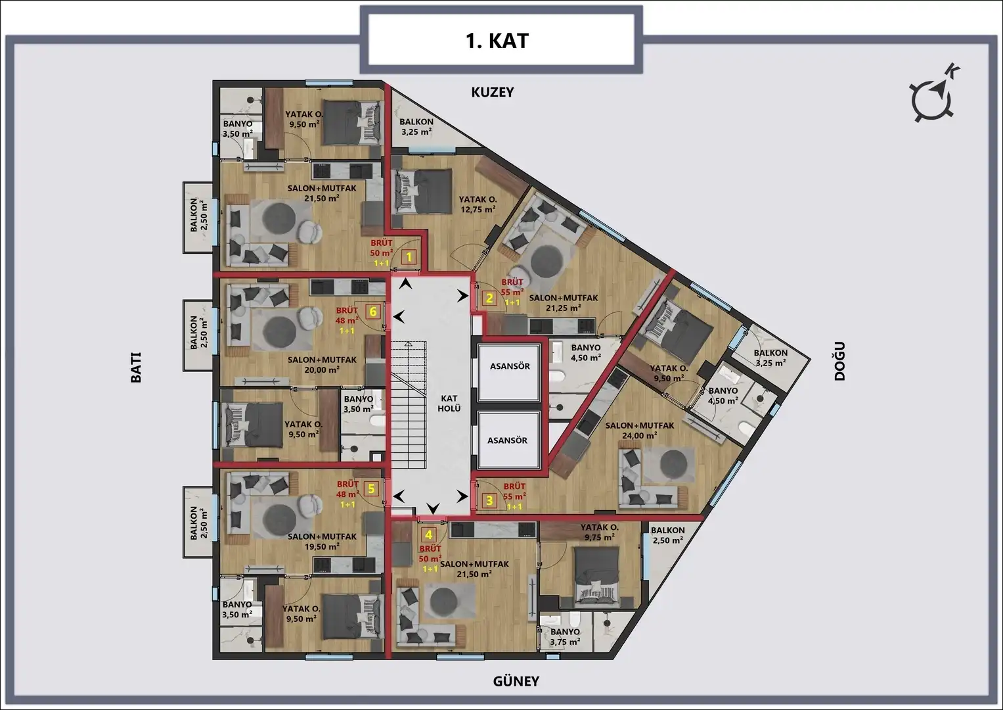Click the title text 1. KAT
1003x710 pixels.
[x=497, y=41]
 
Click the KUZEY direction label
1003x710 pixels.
[x=493, y=92]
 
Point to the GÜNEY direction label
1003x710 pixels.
[x=516, y=681]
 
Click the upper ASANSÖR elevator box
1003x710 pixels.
[x=509, y=367]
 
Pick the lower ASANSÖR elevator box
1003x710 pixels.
[x=507, y=440]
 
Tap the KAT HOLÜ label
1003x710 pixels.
[x=449, y=403]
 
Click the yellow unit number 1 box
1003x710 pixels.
[x=409, y=257]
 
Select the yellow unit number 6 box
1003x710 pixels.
[x=372, y=311]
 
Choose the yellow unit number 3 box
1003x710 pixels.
[x=489, y=500]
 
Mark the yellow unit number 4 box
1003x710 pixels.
[x=428, y=535]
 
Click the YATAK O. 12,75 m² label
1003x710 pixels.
[x=478, y=204]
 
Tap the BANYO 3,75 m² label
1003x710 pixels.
[x=565, y=636]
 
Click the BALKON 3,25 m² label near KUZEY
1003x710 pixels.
[x=416, y=126]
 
